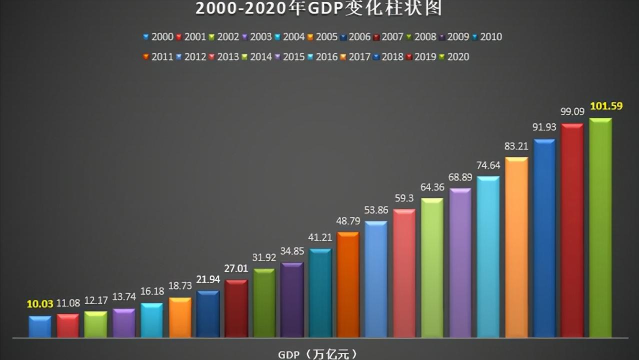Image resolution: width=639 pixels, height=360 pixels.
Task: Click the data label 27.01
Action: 236,268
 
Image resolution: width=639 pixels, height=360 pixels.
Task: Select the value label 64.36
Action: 432,187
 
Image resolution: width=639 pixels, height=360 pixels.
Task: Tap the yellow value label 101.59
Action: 606,106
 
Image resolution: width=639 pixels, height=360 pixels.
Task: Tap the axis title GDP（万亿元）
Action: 318,354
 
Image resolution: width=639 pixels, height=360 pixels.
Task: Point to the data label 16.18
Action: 151,291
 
